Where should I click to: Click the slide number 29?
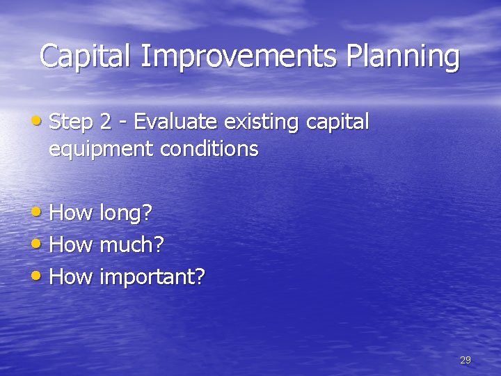click(x=466, y=360)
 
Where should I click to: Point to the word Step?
click(x=72, y=123)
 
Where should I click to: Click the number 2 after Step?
click(x=106, y=123)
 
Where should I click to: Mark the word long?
click(x=126, y=213)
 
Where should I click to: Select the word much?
click(x=132, y=245)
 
